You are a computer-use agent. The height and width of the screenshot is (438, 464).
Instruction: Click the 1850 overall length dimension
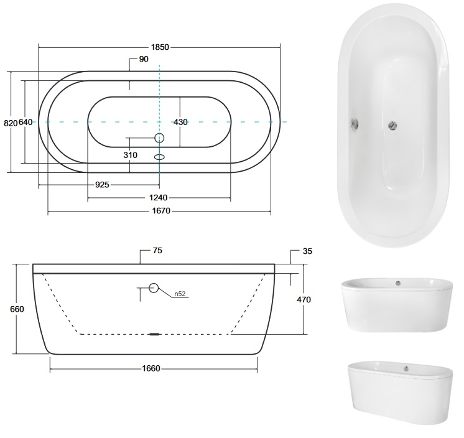tap(160, 47)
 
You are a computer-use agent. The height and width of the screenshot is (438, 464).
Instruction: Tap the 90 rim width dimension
tap(144, 59)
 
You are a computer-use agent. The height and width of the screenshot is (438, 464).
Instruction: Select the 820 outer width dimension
tap(11, 123)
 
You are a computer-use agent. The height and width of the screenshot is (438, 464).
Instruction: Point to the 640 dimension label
tap(26, 122)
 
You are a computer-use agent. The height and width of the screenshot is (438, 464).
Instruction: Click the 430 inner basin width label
tap(180, 122)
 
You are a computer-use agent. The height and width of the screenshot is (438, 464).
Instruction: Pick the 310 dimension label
tap(130, 155)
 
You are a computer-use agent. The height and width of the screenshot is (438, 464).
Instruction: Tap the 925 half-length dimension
tap(102, 185)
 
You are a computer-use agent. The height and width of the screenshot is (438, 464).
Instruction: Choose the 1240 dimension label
tap(158, 197)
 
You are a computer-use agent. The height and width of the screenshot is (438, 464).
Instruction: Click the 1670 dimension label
tap(161, 211)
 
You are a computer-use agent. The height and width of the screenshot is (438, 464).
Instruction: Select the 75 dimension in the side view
tap(158, 251)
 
